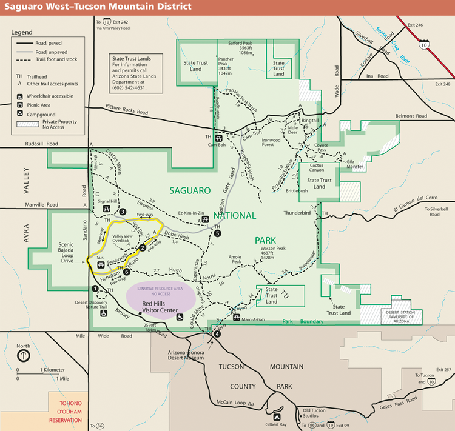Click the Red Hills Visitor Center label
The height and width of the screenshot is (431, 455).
[x=160, y=307]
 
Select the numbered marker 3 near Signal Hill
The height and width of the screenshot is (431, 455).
[x=123, y=212]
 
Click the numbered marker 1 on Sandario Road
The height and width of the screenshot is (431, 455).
[x=95, y=289]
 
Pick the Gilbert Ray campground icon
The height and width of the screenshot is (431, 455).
[x=277, y=418]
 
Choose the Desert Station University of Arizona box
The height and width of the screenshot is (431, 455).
[x=399, y=316]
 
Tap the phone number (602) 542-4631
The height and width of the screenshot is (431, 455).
[x=129, y=88]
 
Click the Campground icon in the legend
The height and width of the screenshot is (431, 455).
[x=21, y=114]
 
